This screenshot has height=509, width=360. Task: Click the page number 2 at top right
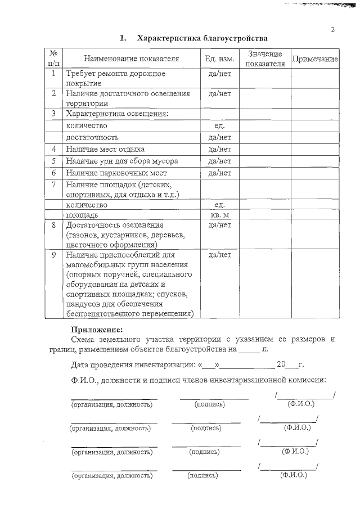[x=332, y=29]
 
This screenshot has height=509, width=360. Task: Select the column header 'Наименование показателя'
[x=132, y=58]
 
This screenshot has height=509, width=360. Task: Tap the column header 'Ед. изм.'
[x=219, y=58]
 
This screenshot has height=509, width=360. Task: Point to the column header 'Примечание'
[x=314, y=58]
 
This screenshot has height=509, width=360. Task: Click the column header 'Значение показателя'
[x=264, y=58]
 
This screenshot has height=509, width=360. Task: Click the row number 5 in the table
[x=53, y=161]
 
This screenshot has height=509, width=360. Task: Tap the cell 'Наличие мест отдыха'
[x=105, y=150]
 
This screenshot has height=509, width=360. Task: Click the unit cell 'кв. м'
[x=219, y=215]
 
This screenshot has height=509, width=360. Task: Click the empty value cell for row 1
[x=264, y=78]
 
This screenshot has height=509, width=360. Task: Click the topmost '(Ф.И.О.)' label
[x=300, y=404]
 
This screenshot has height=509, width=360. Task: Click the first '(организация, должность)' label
[x=111, y=404]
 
